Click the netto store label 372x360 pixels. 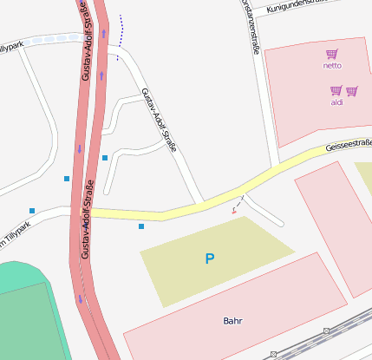(x=332, y=65)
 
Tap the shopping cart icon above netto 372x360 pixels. (x=332, y=54)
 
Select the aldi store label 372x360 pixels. (x=337, y=102)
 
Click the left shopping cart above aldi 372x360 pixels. (x=336, y=90)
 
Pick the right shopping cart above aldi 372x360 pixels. (x=352, y=90)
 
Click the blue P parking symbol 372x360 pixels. (x=209, y=259)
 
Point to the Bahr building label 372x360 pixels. (x=232, y=321)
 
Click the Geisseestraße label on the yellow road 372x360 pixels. (x=349, y=145)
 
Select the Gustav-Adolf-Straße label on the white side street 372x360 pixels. (x=159, y=120)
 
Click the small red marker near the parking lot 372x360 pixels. (x=234, y=210)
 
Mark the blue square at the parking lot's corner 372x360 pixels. (x=141, y=226)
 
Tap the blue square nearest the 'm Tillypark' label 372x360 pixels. (x=32, y=211)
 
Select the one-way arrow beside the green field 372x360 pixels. (x=81, y=298)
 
